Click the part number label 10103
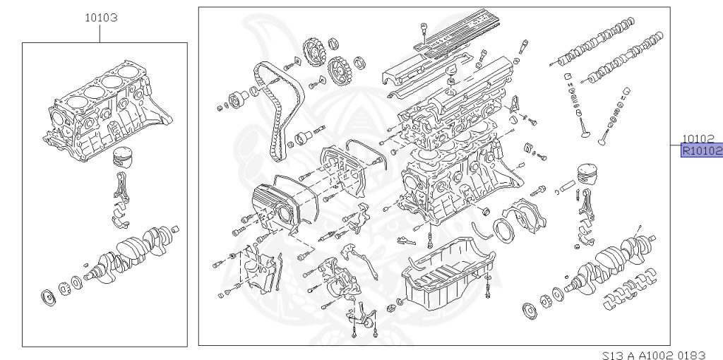pos(101,18)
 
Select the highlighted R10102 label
pos(701,150)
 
